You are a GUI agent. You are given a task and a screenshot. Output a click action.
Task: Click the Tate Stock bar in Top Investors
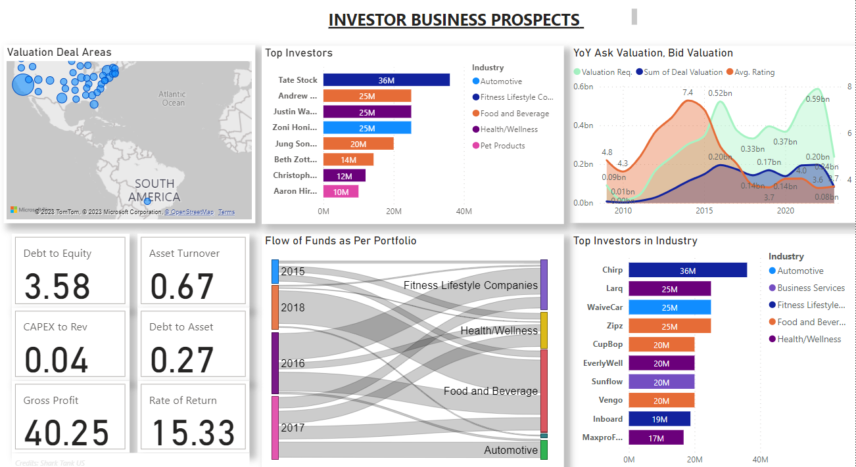pyautogui.click(x=386, y=79)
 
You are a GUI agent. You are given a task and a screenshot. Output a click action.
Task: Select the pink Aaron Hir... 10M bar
pyautogui.click(x=341, y=191)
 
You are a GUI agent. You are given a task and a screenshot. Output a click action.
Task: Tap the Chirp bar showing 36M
pyautogui.click(x=687, y=270)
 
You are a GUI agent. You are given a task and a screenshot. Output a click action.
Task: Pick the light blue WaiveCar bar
pyautogui.click(x=669, y=307)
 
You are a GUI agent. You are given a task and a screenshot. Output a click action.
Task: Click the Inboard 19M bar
pyautogui.click(x=659, y=419)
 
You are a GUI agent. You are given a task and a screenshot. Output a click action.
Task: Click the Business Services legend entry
pyautogui.click(x=811, y=288)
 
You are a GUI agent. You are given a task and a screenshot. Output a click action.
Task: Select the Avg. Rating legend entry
pyautogui.click(x=754, y=72)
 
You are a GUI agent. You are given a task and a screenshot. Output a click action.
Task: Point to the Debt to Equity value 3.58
pyautogui.click(x=57, y=286)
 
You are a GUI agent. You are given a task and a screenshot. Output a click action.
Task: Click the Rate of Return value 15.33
pyautogui.click(x=193, y=434)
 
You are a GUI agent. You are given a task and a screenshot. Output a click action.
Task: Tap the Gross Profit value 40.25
pyautogui.click(x=67, y=434)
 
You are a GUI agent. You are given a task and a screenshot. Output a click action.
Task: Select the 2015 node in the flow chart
pyautogui.click(x=275, y=271)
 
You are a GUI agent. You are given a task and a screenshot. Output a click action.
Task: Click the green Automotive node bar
pyautogui.click(x=544, y=450)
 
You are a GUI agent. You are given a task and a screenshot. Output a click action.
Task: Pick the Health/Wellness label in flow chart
pyautogui.click(x=499, y=330)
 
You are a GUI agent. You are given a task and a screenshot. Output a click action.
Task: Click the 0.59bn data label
pyautogui.click(x=817, y=99)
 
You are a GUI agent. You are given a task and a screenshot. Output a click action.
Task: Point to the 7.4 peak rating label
pyautogui.click(x=688, y=92)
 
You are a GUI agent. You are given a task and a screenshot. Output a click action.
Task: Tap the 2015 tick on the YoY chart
pyautogui.click(x=704, y=211)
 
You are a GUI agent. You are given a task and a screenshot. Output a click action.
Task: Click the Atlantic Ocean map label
pyautogui.click(x=173, y=99)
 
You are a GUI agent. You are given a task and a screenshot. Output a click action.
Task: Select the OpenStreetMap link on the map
pyautogui.click(x=189, y=212)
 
